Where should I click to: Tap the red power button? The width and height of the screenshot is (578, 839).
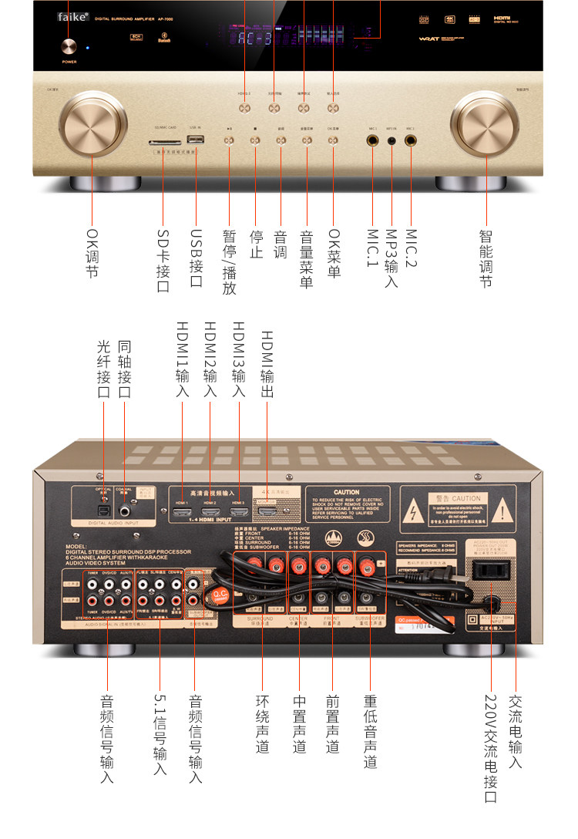tap(69, 45)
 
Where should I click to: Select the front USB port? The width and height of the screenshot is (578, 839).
tap(196, 140)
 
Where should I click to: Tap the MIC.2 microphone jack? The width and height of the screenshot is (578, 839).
tap(410, 141)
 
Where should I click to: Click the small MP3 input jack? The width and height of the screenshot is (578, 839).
tap(391, 141)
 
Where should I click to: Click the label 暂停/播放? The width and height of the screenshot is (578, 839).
tap(229, 262)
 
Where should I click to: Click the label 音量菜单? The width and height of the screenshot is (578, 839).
tap(307, 258)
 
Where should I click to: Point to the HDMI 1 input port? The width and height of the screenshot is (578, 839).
tap(182, 510)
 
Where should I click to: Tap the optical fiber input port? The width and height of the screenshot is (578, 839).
tap(102, 509)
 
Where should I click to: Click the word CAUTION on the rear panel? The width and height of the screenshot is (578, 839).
tap(346, 492)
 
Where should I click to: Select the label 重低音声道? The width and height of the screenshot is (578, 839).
tap(371, 732)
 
